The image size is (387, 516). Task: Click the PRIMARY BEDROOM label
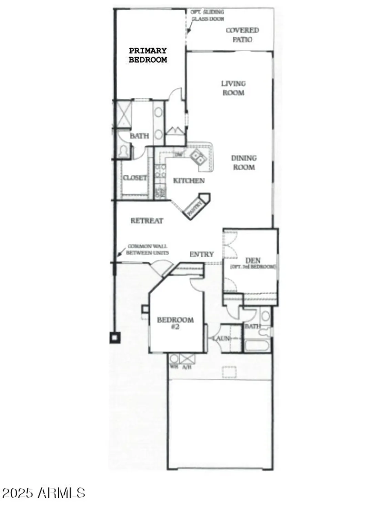pos(148,55)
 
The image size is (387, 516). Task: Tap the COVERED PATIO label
pos(242,35)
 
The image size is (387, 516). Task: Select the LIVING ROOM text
pos(233,88)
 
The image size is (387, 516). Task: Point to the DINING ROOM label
pos(244,163)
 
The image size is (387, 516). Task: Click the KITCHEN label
pos(189,181)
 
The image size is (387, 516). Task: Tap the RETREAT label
pos(147,221)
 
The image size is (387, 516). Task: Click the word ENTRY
pos(202,254)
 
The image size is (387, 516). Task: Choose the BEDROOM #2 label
pos(175,323)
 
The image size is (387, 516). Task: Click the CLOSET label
pos(135,178)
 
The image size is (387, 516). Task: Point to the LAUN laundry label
pos(221,338)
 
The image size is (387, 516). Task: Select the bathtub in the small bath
pos(257,345)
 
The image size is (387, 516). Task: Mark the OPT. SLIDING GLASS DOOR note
pos(207,15)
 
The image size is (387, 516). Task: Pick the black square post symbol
pos(115,338)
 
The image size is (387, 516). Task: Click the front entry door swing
pos(160,267)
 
